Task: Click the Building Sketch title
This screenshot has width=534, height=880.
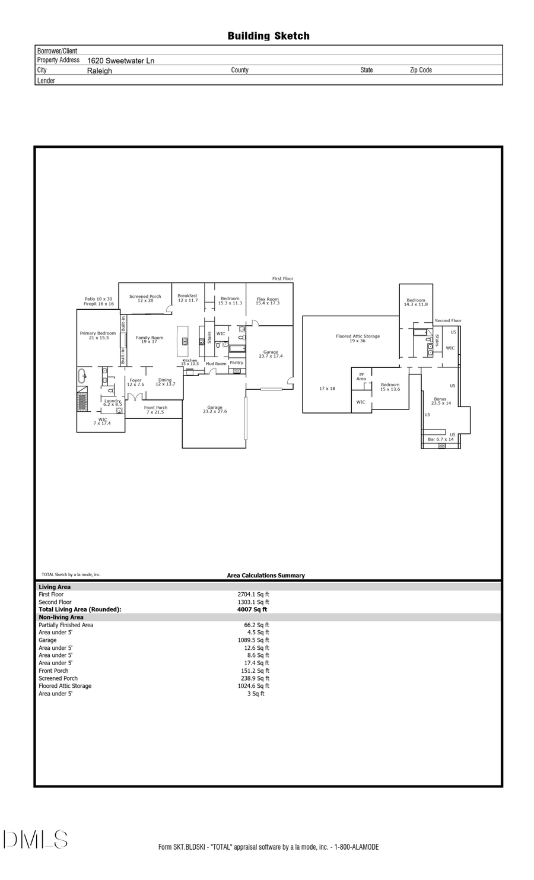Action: click(x=268, y=36)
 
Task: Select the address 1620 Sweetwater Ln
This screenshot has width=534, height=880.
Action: click(x=120, y=61)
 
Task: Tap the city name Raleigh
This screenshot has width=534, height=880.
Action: click(x=99, y=71)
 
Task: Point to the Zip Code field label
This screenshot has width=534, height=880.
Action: click(x=421, y=70)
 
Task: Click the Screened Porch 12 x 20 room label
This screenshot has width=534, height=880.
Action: click(x=145, y=298)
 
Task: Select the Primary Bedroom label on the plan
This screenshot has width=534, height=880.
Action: click(x=98, y=335)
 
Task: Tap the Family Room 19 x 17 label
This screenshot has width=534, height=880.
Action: click(x=150, y=339)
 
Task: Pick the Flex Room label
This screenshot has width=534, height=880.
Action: click(x=267, y=301)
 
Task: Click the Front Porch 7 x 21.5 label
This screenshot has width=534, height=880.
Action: click(x=155, y=409)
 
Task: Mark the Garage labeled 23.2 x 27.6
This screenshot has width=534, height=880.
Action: click(x=215, y=409)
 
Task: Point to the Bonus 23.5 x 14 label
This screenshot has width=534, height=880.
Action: click(x=440, y=401)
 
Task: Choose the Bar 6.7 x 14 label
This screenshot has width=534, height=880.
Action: click(x=440, y=439)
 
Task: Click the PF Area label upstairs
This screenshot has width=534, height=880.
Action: click(x=361, y=377)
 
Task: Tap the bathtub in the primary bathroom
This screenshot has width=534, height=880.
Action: click(x=82, y=376)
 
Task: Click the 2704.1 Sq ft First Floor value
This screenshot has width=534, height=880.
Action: click(x=253, y=595)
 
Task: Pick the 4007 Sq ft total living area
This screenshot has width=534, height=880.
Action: click(x=252, y=609)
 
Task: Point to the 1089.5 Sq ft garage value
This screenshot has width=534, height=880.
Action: click(x=253, y=640)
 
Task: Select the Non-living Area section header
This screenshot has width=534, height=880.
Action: click(x=61, y=617)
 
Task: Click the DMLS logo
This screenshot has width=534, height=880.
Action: click(x=36, y=840)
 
